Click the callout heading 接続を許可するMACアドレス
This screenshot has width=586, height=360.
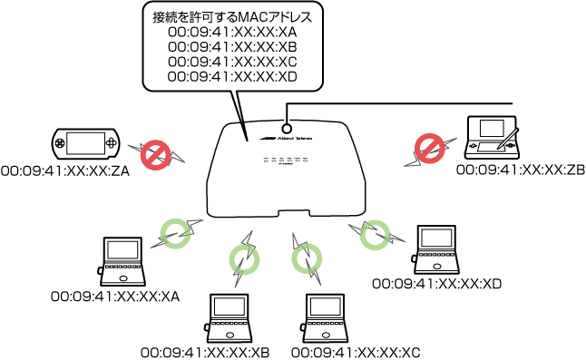pyautogui.click(x=232, y=16)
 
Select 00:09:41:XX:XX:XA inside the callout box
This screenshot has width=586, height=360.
pyautogui.click(x=232, y=33)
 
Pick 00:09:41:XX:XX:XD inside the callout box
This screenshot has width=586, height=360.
pyautogui.click(x=232, y=77)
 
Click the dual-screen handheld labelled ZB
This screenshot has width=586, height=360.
pyautogui.click(x=490, y=137)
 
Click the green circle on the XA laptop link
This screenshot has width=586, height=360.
pyautogui.click(x=173, y=233)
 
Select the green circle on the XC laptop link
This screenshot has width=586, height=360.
pyautogui.click(x=306, y=261)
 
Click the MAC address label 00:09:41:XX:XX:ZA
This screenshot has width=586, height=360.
pyautogui.click(x=65, y=170)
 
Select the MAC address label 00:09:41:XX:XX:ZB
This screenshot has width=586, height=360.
pyautogui.click(x=520, y=170)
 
